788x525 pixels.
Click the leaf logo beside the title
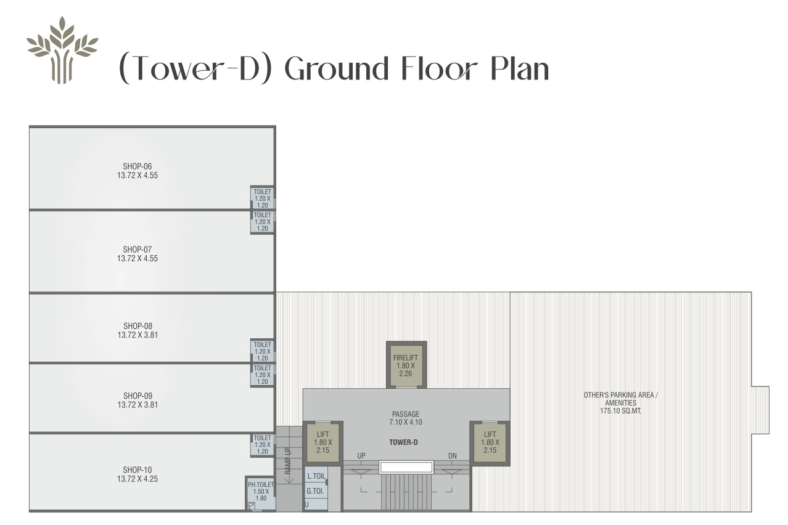[x=62, y=51]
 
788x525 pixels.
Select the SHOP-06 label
[x=137, y=166]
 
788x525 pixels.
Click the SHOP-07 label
[x=137, y=250]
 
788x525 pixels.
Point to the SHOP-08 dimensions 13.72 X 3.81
[x=137, y=335]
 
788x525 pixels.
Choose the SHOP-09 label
[x=137, y=396]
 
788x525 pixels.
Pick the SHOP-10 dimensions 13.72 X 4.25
[x=137, y=479]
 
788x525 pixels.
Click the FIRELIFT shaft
[x=406, y=365]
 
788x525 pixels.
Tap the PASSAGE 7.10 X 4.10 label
[x=406, y=418]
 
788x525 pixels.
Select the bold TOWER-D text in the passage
[x=403, y=442]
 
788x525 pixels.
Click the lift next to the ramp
[x=323, y=442]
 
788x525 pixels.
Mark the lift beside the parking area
[x=490, y=442]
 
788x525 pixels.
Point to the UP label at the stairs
[x=361, y=456]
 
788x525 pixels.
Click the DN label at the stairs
[x=453, y=456]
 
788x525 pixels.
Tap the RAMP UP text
[x=288, y=460]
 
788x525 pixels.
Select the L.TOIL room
[x=316, y=476]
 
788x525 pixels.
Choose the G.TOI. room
[x=316, y=491]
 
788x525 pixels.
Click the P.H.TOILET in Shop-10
[x=261, y=492]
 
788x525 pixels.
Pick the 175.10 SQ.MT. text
[x=620, y=411]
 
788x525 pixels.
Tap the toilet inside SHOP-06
[x=263, y=198]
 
